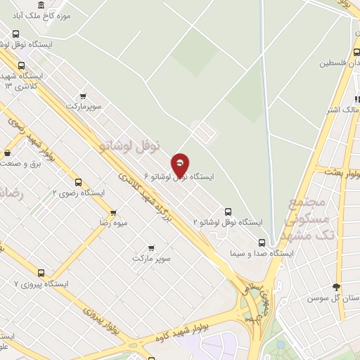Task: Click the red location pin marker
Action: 180,165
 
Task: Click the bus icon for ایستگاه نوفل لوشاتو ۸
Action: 16,33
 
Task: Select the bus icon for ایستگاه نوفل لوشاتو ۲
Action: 228,211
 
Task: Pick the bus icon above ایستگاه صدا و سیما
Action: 262,243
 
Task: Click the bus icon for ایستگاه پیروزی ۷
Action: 41,273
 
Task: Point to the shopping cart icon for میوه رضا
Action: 113,212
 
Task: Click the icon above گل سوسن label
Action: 336,287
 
